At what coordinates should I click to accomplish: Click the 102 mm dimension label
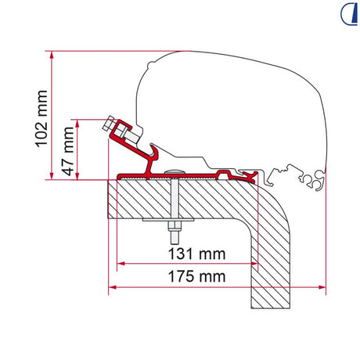[41, 119]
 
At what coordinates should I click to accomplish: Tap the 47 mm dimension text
[68, 151]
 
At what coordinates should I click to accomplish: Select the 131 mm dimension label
[196, 254]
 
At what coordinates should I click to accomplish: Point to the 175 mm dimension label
[196, 276]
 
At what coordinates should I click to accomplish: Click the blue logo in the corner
[349, 14]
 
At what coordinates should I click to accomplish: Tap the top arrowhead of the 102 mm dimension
[52, 55]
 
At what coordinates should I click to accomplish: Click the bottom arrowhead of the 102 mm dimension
[52, 176]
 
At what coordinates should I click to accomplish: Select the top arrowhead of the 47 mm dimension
[77, 124]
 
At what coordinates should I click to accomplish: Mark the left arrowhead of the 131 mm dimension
[121, 264]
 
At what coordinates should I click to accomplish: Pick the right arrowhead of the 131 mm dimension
[254, 264]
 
